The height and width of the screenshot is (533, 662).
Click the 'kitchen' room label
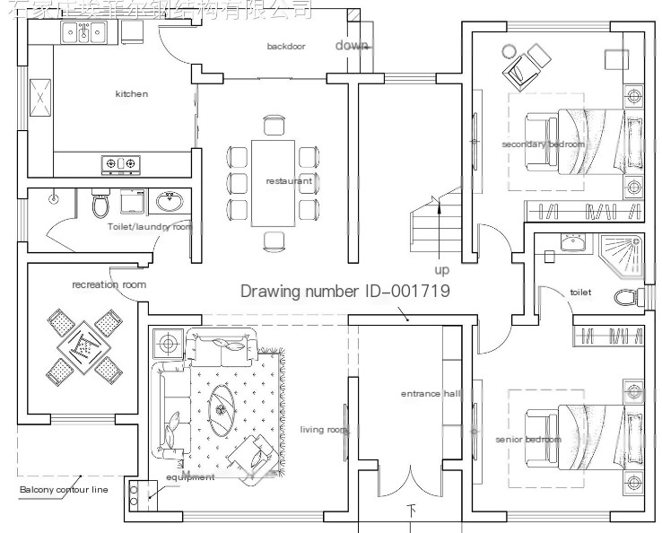132,94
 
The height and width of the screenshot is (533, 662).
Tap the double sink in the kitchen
85,34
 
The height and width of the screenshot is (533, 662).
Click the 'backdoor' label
286,46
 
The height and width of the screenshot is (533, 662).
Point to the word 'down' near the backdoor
351,45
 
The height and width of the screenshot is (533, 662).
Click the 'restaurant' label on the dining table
289,181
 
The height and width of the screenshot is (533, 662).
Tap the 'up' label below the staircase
442,270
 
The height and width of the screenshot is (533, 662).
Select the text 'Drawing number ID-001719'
344,292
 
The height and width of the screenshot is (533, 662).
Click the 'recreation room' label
109,284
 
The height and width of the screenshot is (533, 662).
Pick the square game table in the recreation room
83,344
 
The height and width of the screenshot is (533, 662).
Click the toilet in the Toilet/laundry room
100,206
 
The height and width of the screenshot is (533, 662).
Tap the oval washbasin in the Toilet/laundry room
168,201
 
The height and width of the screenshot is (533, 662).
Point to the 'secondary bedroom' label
543,144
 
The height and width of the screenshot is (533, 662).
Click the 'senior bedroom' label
528,440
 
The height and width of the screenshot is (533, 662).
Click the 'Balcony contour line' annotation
63,490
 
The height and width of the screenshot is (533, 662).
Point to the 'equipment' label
190,477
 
